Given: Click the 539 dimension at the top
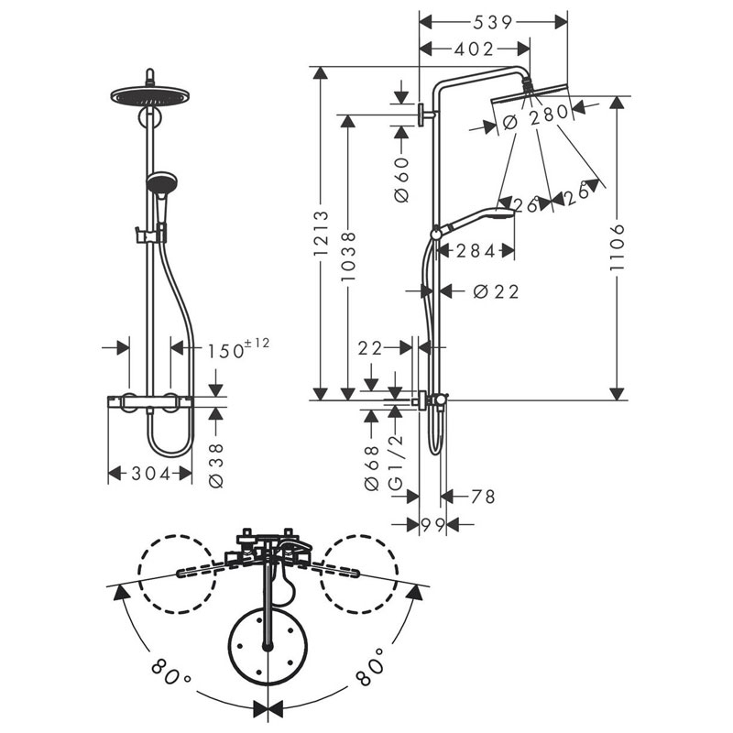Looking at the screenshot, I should click(x=493, y=20).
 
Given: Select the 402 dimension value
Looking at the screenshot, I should click(x=474, y=49).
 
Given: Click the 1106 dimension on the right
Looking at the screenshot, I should click(x=619, y=247).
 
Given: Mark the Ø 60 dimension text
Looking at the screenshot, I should click(x=401, y=180).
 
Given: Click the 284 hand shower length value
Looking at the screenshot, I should click(x=475, y=250).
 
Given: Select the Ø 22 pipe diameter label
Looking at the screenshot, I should click(x=496, y=291).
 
